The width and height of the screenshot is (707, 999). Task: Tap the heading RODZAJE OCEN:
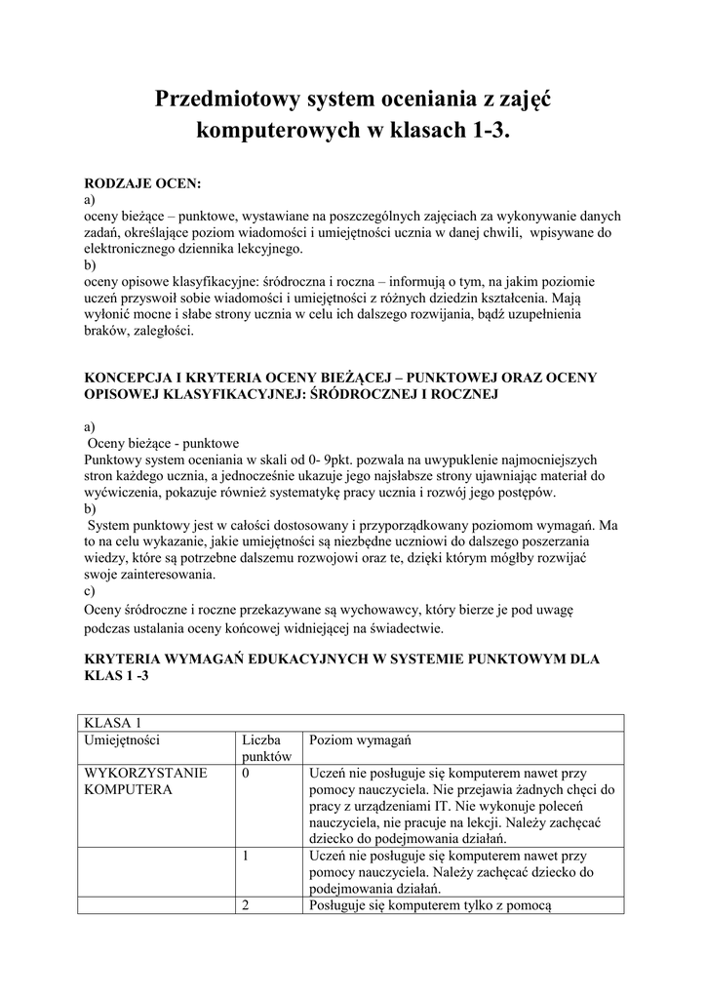[x=142, y=182]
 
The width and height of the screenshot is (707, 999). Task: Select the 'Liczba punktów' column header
[x=267, y=748]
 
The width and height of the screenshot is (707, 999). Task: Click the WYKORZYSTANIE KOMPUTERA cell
[x=146, y=780]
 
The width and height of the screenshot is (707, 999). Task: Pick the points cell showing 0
[x=247, y=774]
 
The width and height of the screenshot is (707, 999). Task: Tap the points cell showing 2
[x=247, y=905]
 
